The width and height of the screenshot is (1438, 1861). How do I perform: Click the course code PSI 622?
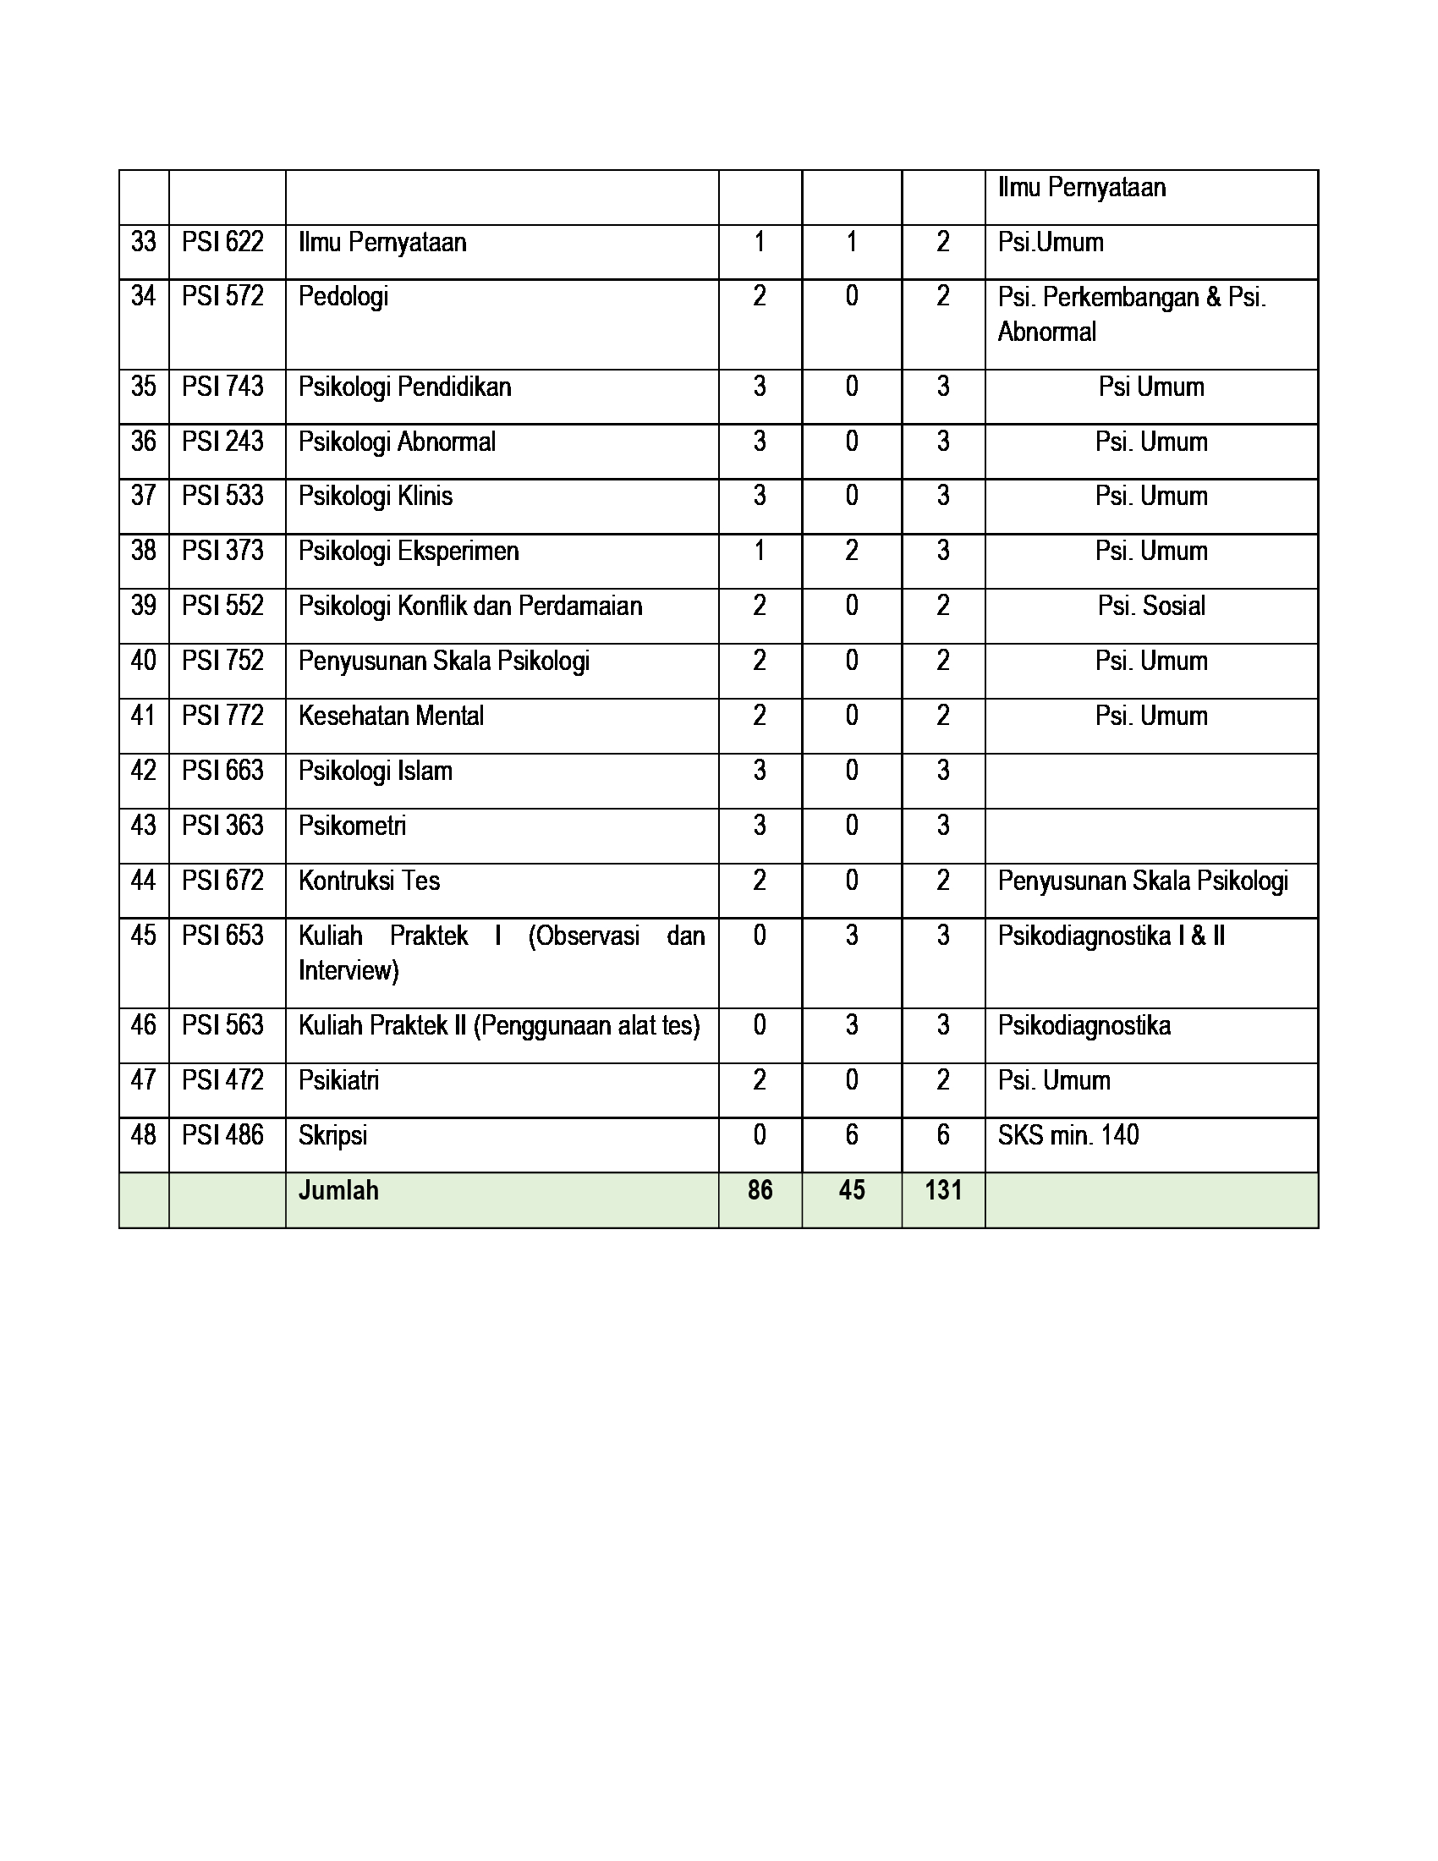pos(222,243)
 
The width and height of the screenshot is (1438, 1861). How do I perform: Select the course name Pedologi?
pos(343,298)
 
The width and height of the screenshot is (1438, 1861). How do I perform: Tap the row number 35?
pos(143,387)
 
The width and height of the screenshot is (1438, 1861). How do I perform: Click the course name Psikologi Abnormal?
pos(396,442)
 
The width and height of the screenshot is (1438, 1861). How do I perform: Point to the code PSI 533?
pos(222,496)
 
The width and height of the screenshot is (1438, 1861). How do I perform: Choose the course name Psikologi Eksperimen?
pos(408,552)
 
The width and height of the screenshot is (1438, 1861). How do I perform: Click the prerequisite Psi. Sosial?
pos(1151,606)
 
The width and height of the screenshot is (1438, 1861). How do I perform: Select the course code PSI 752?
pos(222,661)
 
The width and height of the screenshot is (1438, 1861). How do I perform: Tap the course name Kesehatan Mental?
pos(390,716)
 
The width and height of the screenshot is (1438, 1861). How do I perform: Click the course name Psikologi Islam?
pos(375,771)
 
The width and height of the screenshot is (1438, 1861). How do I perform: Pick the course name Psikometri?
pos(352,826)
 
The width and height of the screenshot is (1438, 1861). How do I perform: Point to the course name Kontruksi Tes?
pos(369,881)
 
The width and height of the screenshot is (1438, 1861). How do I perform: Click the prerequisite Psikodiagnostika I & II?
pos(1111,936)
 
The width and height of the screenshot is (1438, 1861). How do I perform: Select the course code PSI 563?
pos(222,1025)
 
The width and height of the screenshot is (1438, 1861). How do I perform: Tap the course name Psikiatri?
pos(338,1080)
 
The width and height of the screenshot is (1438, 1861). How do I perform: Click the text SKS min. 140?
pos(1068,1135)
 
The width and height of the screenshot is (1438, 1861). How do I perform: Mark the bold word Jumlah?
pos(338,1190)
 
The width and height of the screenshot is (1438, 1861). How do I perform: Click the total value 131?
pos(943,1190)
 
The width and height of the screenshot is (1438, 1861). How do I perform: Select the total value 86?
pos(760,1190)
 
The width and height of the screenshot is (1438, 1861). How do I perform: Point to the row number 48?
pos(143,1135)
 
